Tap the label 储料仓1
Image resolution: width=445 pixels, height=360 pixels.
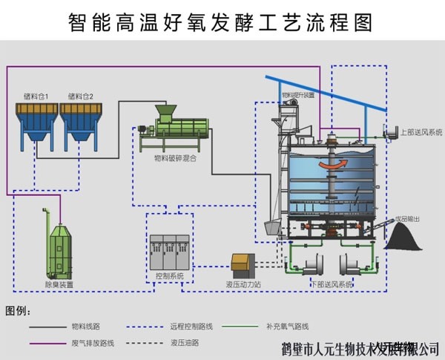click(36, 96)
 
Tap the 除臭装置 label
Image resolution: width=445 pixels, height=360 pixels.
click(59, 284)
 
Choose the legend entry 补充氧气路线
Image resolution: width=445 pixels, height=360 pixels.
click(287, 326)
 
